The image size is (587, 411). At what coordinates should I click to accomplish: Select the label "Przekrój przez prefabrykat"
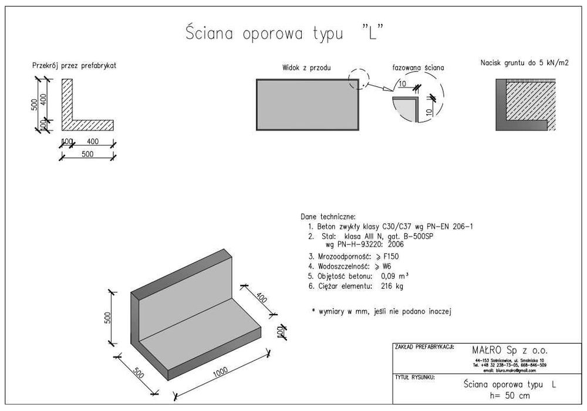74,66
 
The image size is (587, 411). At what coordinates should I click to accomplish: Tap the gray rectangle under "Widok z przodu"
308,104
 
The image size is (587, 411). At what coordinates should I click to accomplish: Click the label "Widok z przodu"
306,68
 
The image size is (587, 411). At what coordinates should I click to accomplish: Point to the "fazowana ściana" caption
418,68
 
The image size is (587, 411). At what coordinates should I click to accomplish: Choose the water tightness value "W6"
388,266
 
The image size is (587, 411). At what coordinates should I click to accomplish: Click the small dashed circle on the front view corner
359,80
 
